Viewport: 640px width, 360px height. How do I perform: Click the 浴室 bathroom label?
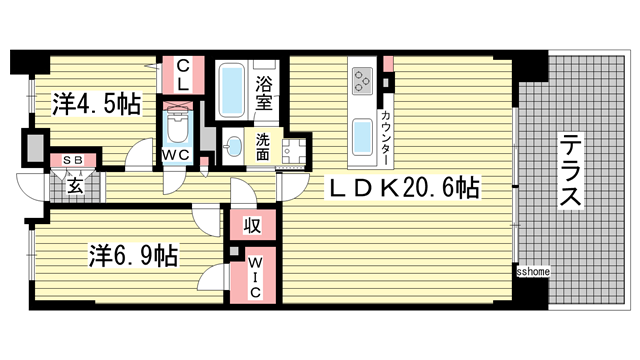[x=264, y=88]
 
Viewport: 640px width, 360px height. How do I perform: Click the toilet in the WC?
[x=179, y=127]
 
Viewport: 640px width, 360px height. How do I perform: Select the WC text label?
[x=178, y=155]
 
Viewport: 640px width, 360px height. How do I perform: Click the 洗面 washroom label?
[x=262, y=147]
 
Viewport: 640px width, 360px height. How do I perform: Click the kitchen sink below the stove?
[x=360, y=135]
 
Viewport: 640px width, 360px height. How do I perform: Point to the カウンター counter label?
[x=387, y=139]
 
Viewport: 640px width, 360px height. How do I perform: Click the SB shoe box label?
[x=73, y=160]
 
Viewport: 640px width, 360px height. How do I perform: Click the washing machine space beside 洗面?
[x=293, y=152]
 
